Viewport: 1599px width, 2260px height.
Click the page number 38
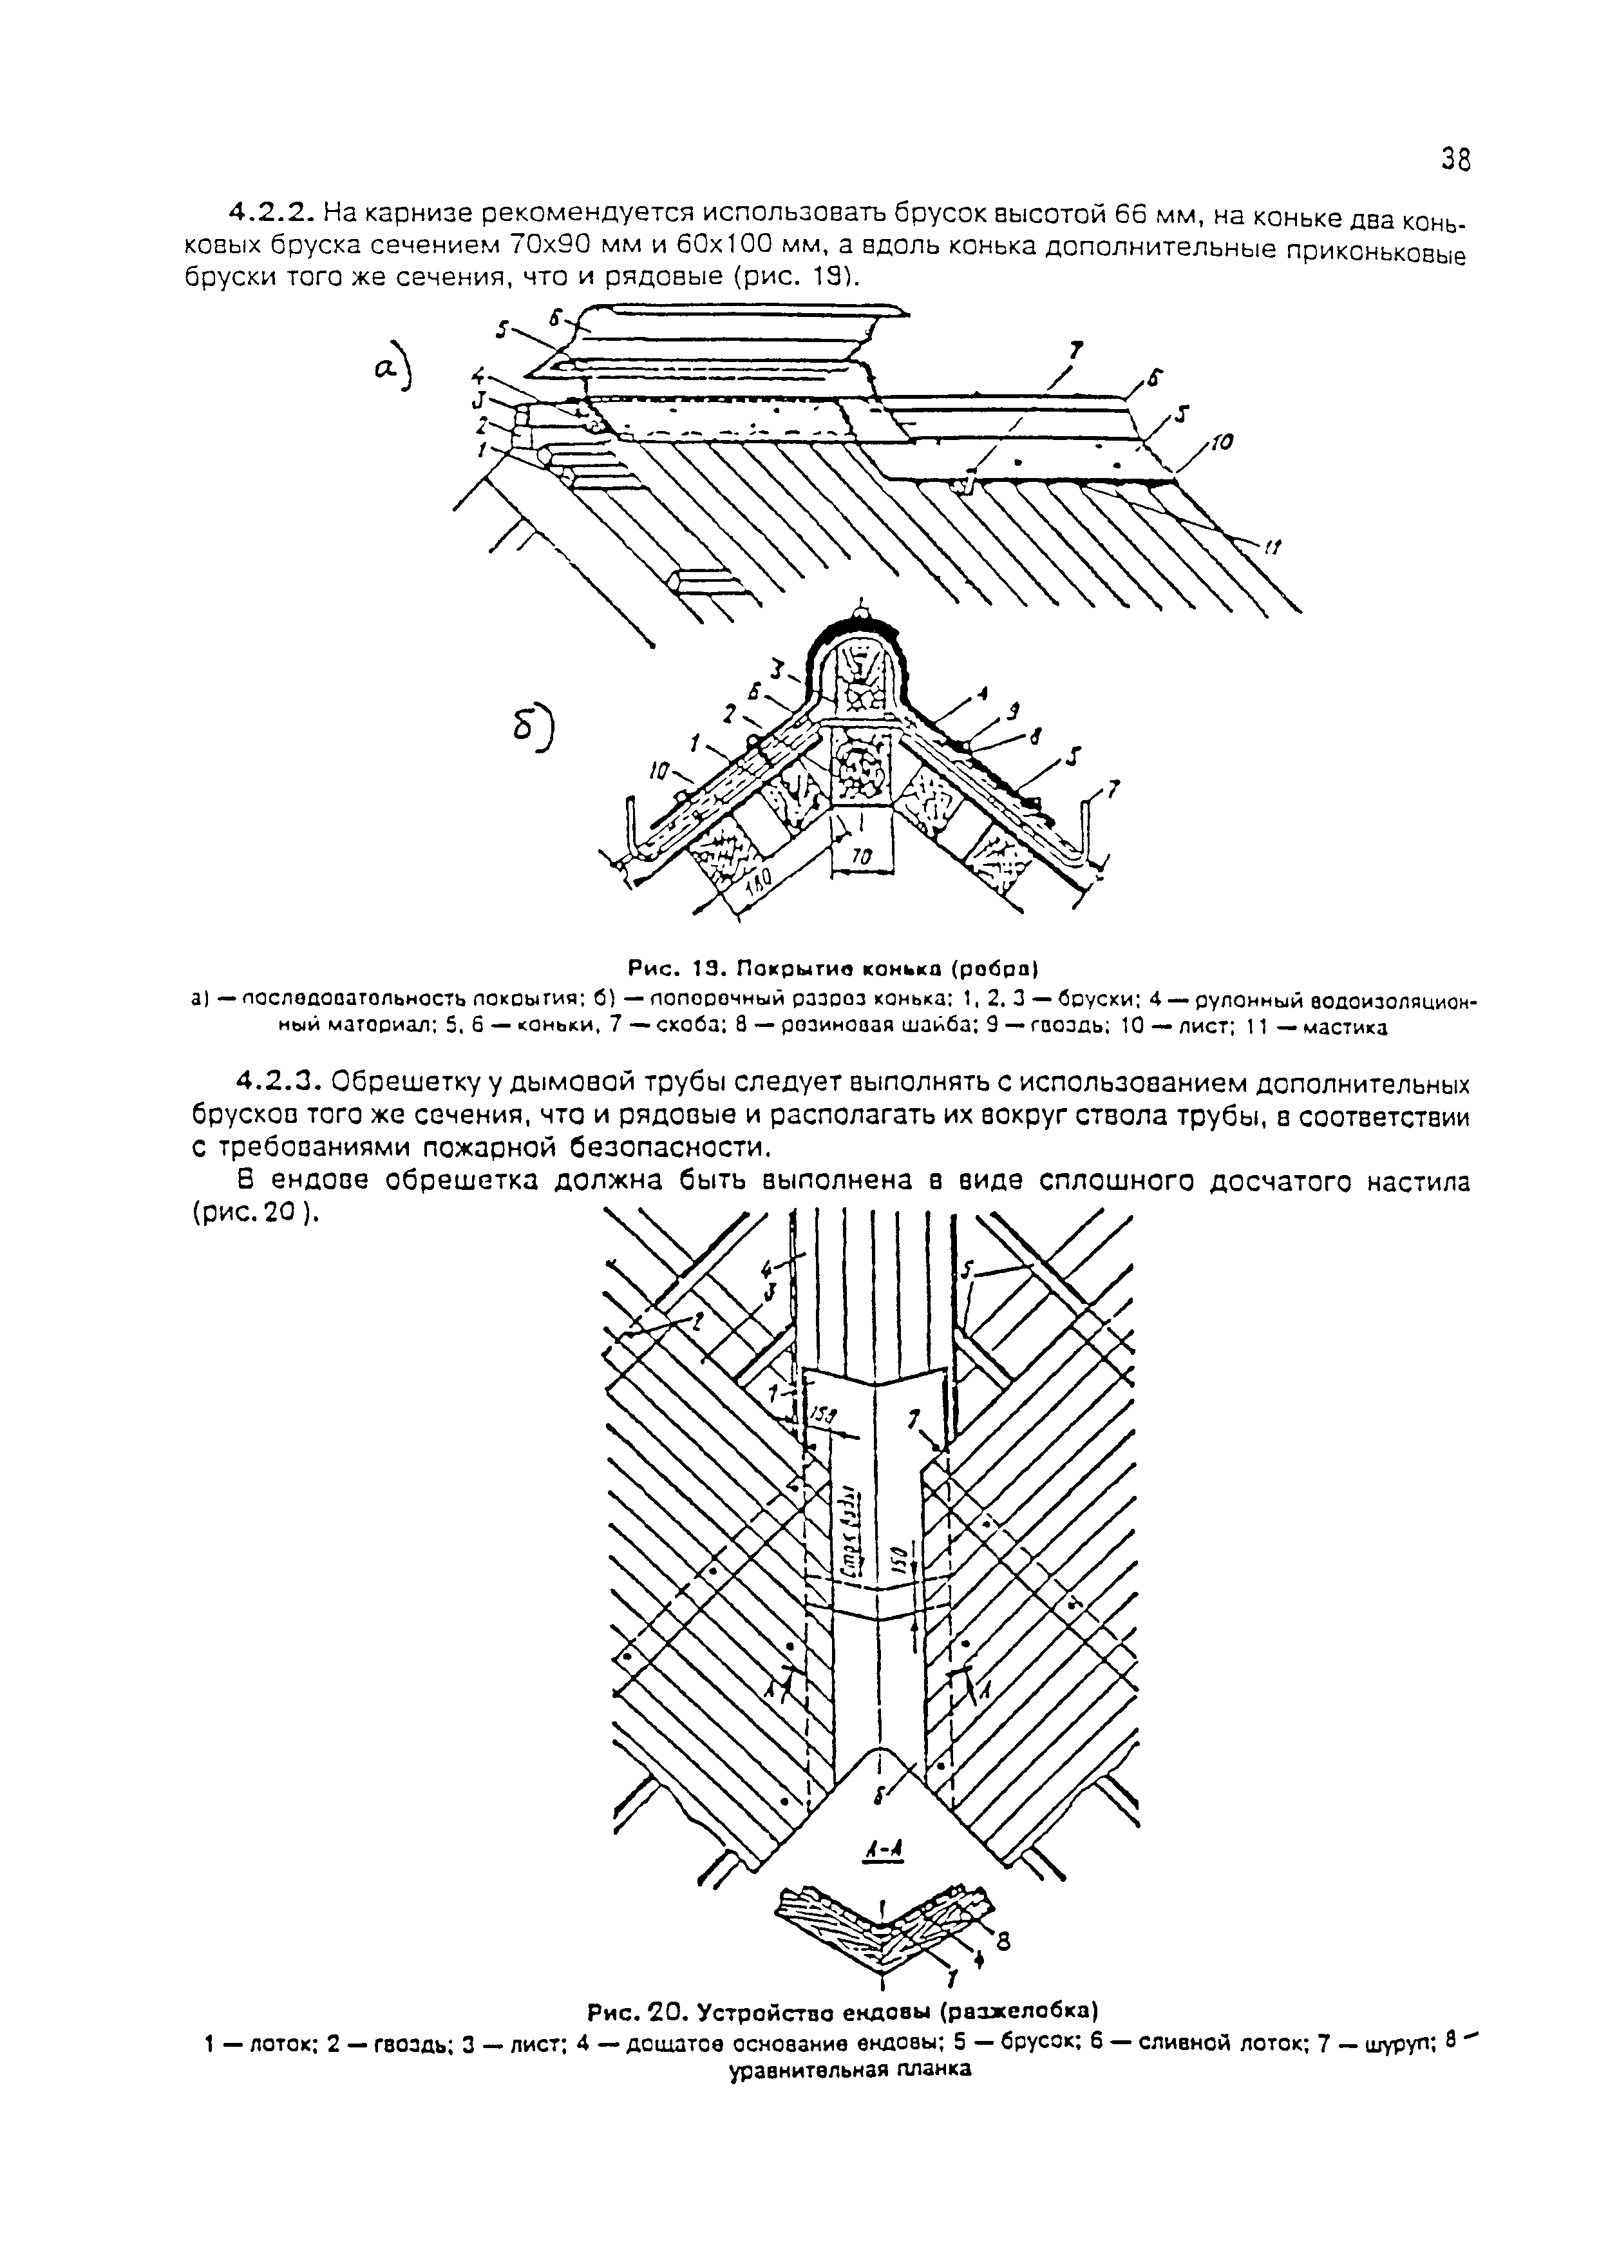click(x=1455, y=158)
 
